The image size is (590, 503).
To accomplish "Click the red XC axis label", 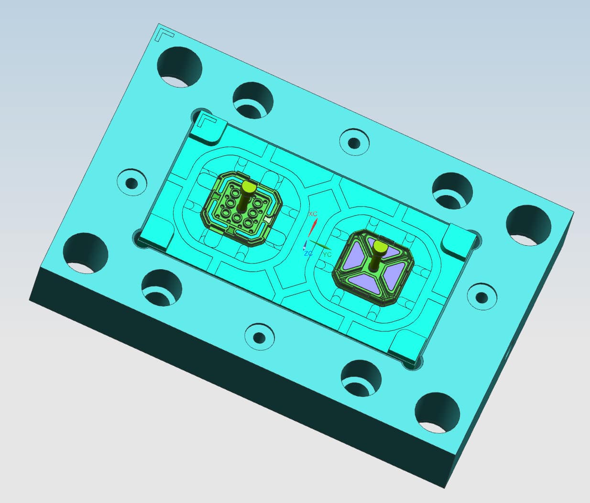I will (313, 214).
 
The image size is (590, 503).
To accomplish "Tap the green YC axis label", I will (327, 254).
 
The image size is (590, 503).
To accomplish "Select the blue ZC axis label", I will (308, 253).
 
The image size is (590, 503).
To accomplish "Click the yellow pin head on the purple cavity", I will (380, 247).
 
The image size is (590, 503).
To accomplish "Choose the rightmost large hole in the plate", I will (528, 225).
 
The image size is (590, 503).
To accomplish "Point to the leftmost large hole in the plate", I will (86, 252).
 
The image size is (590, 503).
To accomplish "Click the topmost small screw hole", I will (354, 142).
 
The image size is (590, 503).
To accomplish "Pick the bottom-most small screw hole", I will (260, 337).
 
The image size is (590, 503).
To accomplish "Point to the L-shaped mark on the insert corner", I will (207, 119).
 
